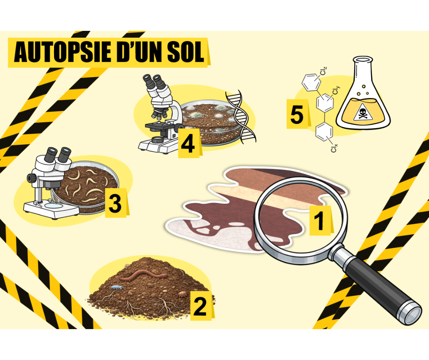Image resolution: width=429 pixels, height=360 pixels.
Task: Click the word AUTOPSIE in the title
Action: [x=63, y=52]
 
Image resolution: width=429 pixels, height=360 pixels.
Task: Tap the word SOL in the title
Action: [x=186, y=52]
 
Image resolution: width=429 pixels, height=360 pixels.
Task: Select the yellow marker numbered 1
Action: [x=320, y=220]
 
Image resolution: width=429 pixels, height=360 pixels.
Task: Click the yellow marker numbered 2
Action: [x=201, y=306]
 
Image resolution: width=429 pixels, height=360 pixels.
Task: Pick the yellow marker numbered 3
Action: [x=116, y=203]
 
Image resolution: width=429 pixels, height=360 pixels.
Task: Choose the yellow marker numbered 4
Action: [x=189, y=143]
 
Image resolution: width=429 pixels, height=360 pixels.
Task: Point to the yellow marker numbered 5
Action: [x=298, y=114]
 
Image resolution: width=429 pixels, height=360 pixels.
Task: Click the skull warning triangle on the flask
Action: [x=363, y=112]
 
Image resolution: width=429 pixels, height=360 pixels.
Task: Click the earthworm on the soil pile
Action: [x=143, y=274]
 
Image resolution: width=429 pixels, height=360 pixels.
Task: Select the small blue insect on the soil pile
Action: [x=116, y=287]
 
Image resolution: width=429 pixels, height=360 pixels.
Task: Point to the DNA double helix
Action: [x=241, y=117]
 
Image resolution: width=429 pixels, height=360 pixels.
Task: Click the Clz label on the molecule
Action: [x=323, y=71]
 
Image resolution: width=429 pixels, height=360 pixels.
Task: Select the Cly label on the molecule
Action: [x=336, y=90]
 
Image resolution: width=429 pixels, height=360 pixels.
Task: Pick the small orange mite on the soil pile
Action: [x=181, y=294]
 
